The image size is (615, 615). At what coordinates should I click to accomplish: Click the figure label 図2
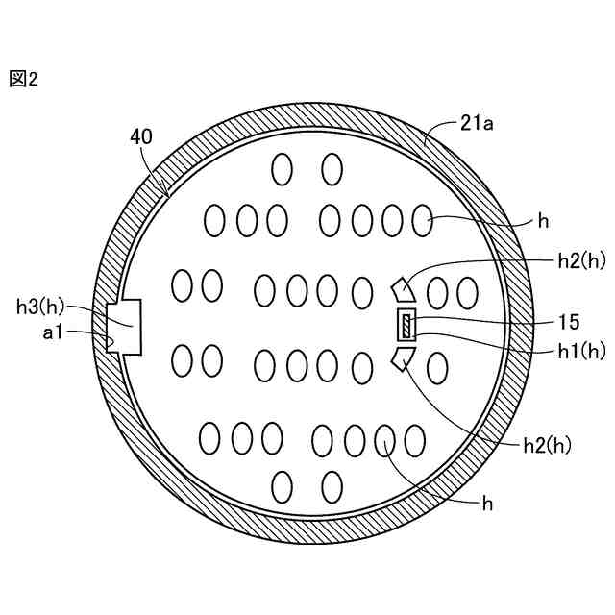23,79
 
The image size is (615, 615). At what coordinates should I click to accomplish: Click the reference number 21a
477,124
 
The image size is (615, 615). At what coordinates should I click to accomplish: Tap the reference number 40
141,137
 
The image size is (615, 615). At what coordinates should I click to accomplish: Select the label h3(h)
40,307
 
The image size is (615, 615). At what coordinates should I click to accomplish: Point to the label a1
53,333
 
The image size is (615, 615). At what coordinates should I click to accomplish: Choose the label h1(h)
582,352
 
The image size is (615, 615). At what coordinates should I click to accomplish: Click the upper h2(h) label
582,261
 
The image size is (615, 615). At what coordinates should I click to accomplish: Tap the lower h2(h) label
548,446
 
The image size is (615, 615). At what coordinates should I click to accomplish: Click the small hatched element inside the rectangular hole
406,325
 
